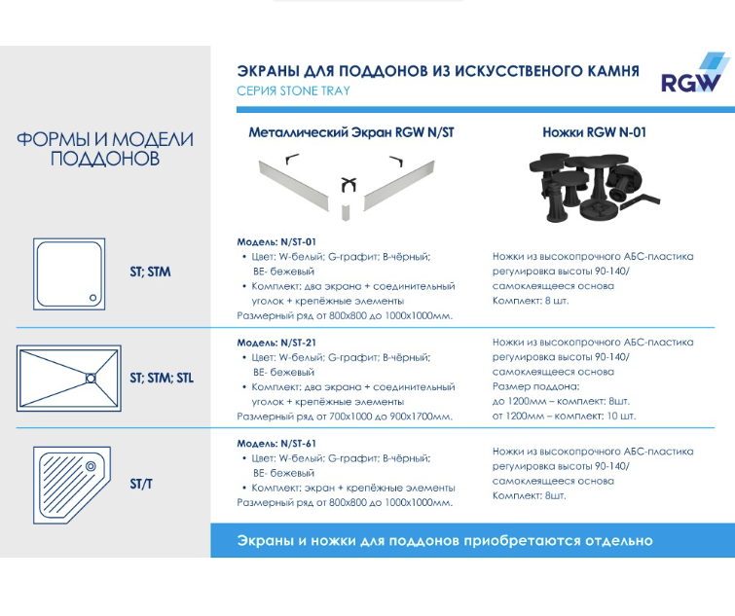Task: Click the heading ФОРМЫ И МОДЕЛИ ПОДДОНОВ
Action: [x=105, y=148]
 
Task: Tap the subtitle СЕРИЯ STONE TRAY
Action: [x=293, y=91]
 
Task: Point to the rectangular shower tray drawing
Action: [x=70, y=377]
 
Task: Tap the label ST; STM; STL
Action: [x=162, y=378]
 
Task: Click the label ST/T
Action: [x=141, y=484]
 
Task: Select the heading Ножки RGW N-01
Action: [x=594, y=132]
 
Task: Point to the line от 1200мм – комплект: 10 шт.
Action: [x=564, y=416]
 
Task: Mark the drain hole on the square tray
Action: [x=92, y=299]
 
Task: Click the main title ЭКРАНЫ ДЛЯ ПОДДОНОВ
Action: [x=438, y=71]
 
